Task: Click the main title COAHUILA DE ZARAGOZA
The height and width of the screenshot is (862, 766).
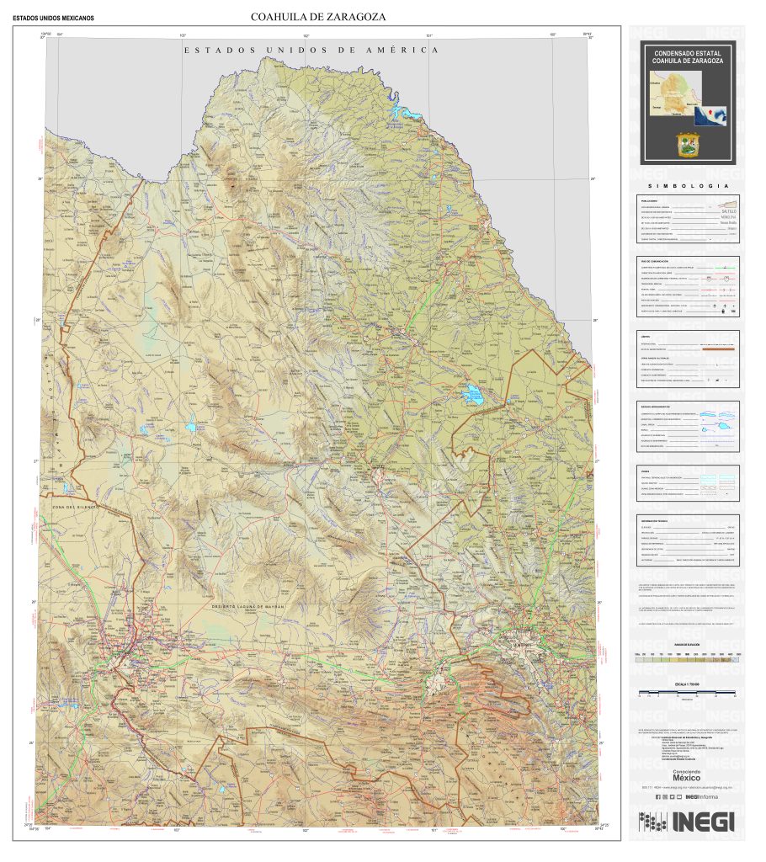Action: point(317,17)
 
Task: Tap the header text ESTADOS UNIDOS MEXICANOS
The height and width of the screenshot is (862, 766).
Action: point(53,18)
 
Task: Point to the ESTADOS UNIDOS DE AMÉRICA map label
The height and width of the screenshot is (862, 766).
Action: point(311,51)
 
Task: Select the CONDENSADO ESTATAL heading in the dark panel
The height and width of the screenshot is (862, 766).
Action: point(686,53)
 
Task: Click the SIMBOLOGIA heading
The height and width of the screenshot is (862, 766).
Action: point(686,187)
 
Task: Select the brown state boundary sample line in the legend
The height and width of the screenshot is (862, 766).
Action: point(716,348)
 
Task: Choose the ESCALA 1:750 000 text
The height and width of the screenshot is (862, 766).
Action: point(686,684)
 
